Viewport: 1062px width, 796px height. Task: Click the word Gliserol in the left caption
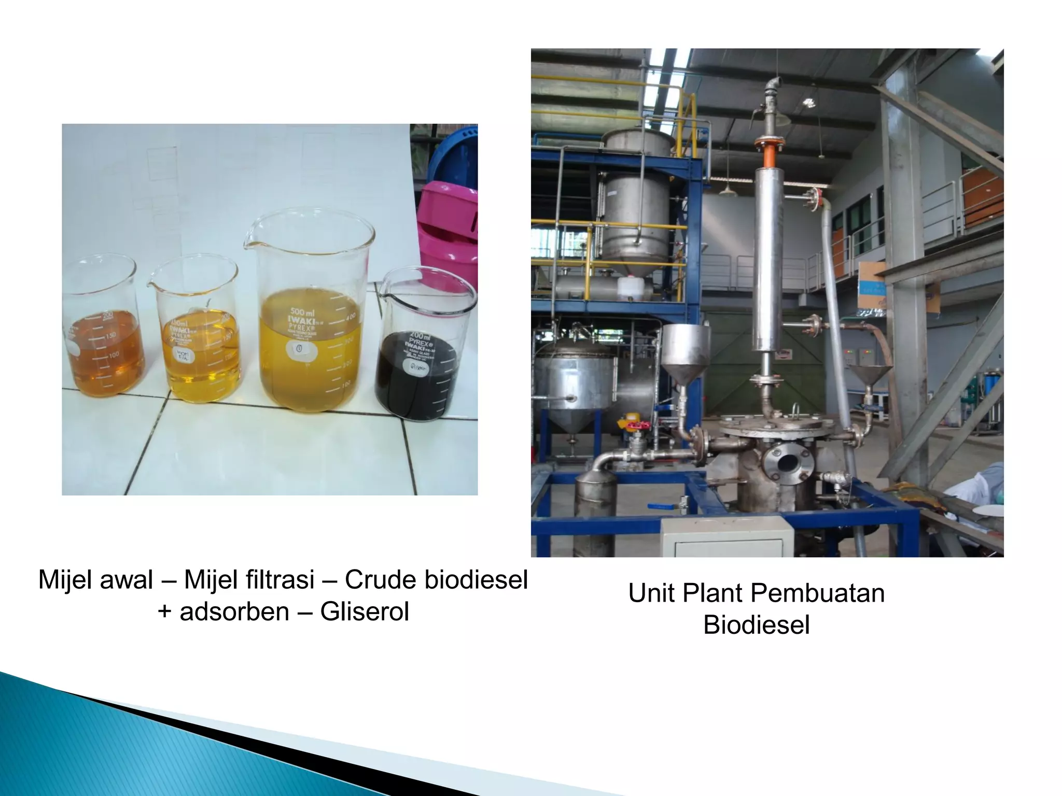(365, 612)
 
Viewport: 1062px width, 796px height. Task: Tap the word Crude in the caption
(380, 580)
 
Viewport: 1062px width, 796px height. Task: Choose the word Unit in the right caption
(651, 593)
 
